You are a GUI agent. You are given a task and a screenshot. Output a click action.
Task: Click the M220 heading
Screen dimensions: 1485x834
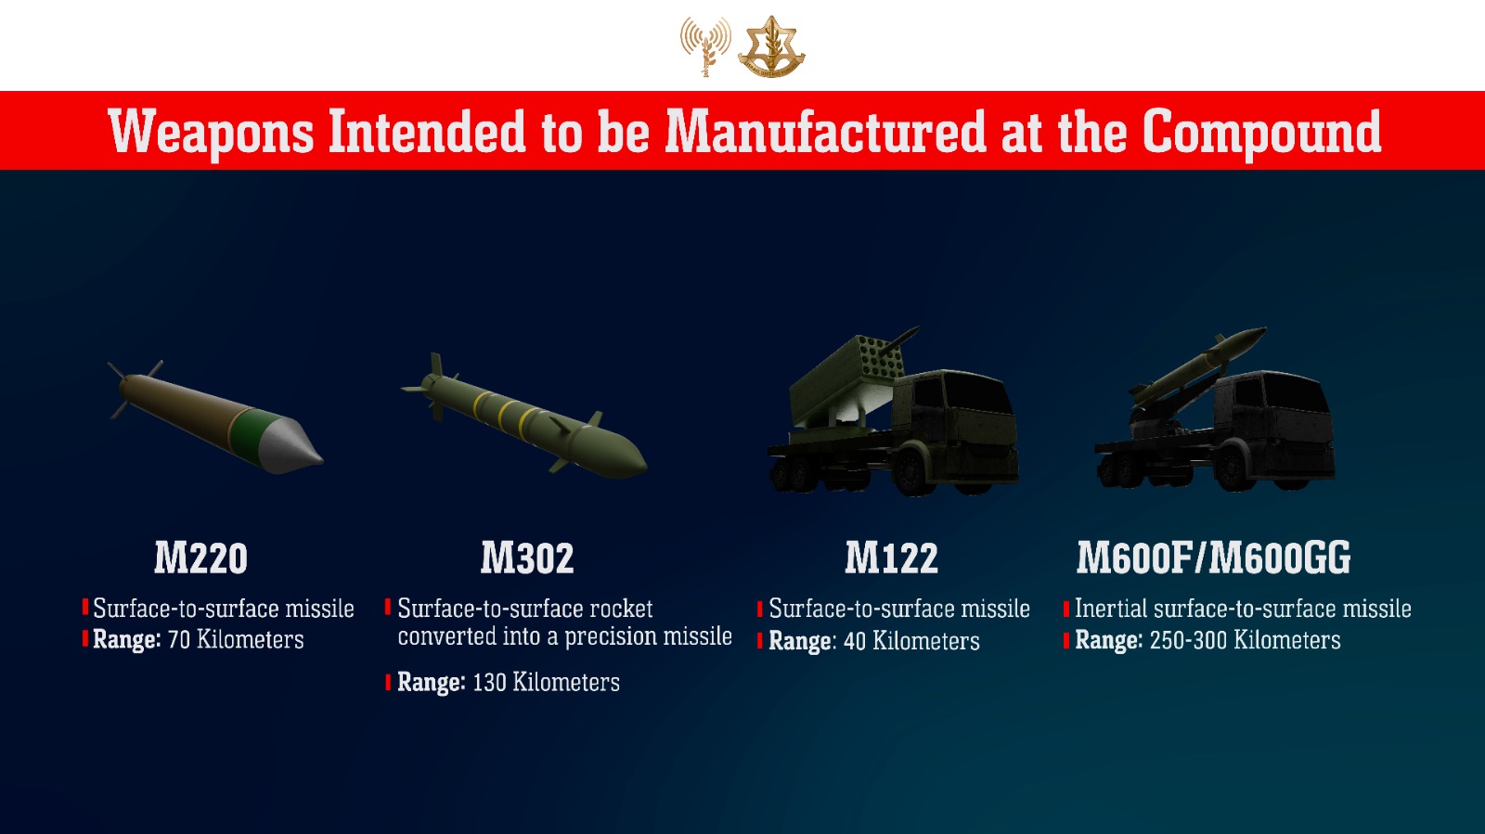click(x=200, y=558)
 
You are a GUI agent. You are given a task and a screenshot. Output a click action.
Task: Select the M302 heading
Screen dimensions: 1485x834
click(x=527, y=558)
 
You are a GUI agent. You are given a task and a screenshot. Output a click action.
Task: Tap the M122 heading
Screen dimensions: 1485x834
click(x=891, y=558)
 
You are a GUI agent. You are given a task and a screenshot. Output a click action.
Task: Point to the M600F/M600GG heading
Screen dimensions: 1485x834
click(x=1213, y=558)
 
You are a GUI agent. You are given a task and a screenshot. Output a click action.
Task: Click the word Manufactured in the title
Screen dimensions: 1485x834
click(x=826, y=131)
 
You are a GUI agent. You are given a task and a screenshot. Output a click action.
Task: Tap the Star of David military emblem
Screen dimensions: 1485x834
click(x=771, y=46)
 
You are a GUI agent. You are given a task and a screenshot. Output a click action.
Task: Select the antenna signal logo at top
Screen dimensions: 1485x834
click(x=705, y=45)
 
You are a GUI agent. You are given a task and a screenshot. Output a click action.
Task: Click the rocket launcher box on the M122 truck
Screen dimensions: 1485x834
click(x=847, y=379)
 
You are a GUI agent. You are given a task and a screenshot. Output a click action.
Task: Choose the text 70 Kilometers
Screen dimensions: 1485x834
click(x=236, y=640)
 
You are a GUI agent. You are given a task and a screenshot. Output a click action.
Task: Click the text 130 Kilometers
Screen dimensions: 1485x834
click(x=546, y=682)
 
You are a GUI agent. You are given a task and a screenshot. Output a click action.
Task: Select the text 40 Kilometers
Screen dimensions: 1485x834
click(x=911, y=641)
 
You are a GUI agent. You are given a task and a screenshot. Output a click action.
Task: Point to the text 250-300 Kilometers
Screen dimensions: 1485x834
click(x=1245, y=640)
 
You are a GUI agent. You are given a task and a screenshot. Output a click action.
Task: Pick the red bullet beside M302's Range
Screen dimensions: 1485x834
click(x=388, y=681)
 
